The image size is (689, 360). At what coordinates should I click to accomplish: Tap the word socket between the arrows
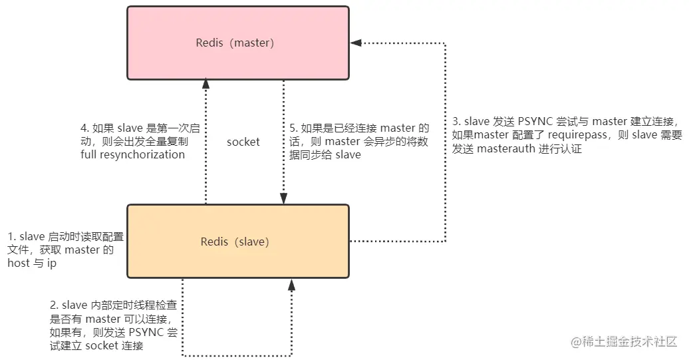point(243,142)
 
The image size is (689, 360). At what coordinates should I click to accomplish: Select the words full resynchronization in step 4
point(133,154)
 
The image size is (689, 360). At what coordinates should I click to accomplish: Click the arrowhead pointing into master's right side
point(356,43)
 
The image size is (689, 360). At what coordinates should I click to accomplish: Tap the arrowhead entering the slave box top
point(284,198)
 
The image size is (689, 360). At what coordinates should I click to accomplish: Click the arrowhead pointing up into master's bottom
point(206,84)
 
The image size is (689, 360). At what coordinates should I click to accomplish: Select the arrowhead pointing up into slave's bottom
point(291,285)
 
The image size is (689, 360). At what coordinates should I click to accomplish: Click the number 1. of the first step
point(11,237)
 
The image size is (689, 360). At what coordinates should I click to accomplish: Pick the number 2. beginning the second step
point(55,305)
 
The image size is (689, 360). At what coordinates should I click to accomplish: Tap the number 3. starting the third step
point(456,122)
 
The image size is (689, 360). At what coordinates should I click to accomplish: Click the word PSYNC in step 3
point(536,122)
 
